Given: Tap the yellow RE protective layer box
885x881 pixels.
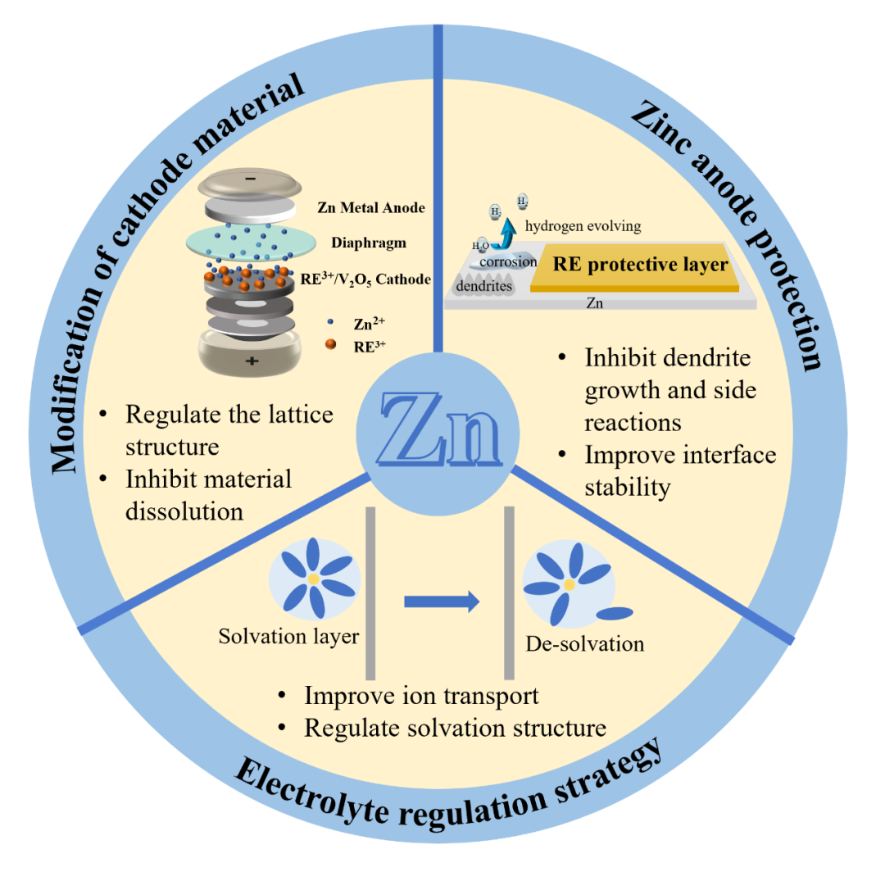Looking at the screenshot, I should point(640,266).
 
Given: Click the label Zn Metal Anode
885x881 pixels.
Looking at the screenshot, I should point(370,208).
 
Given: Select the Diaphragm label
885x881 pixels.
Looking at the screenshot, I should point(368,243).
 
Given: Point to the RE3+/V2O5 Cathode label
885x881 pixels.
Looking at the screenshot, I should point(366,279).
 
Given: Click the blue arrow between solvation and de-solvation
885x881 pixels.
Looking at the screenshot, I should point(441,602).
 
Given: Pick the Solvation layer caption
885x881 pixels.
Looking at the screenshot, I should point(288,637).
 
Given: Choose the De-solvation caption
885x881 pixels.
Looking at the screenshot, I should point(585,643).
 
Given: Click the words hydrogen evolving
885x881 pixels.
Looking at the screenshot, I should point(583,226).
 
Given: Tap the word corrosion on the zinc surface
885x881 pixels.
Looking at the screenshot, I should point(508,261).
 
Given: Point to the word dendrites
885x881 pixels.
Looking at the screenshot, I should point(484,286).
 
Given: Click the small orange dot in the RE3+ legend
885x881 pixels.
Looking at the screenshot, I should point(329,345).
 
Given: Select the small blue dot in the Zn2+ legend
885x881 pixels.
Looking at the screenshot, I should point(329,323).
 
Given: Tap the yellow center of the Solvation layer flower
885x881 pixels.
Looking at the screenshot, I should point(314,579).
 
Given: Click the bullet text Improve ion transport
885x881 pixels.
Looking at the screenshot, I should point(421,696).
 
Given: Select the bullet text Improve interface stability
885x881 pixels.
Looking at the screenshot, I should point(679,470).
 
